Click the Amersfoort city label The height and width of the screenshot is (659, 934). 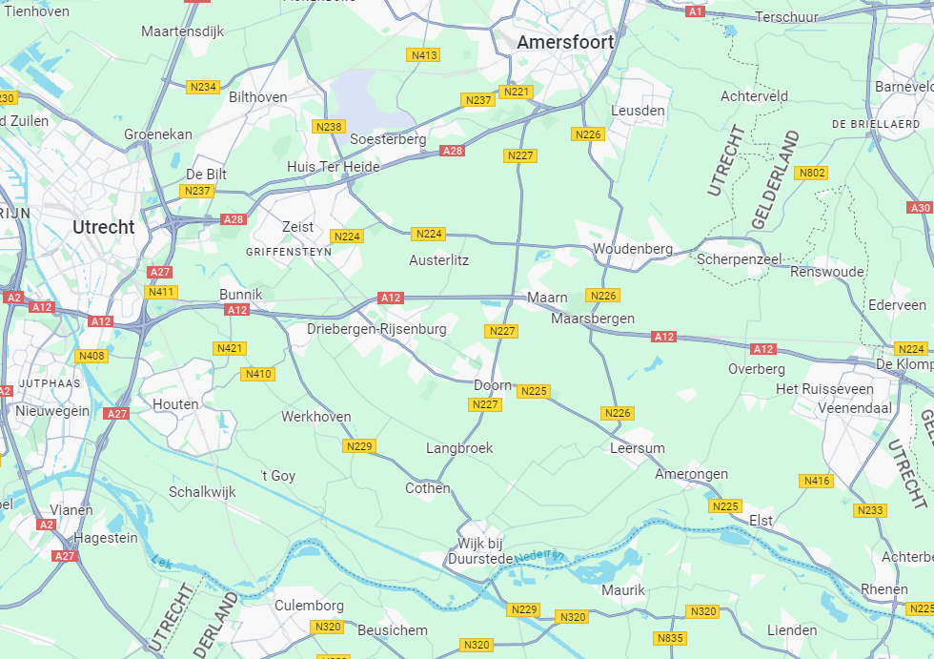tap(565, 43)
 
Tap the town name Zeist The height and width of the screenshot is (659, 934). tap(297, 227)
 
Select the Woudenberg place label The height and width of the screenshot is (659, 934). tap(633, 249)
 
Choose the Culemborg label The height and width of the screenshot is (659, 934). tap(309, 606)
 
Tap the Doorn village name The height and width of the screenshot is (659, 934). tap(493, 385)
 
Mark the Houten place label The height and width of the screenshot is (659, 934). tap(176, 404)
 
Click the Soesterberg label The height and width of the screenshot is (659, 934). tap(388, 139)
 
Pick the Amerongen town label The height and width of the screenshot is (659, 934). tap(691, 474)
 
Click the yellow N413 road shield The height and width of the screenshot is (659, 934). tap(424, 55)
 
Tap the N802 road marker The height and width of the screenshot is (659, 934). tap(812, 173)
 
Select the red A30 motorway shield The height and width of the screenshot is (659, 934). tap(920, 208)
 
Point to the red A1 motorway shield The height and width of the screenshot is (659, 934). tap(696, 11)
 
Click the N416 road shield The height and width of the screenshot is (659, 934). tap(817, 481)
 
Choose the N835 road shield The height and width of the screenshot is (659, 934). tap(670, 637)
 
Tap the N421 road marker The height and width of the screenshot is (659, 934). tap(230, 348)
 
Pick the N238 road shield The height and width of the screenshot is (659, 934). tap(328, 127)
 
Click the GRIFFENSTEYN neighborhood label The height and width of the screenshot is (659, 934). tap(289, 252)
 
